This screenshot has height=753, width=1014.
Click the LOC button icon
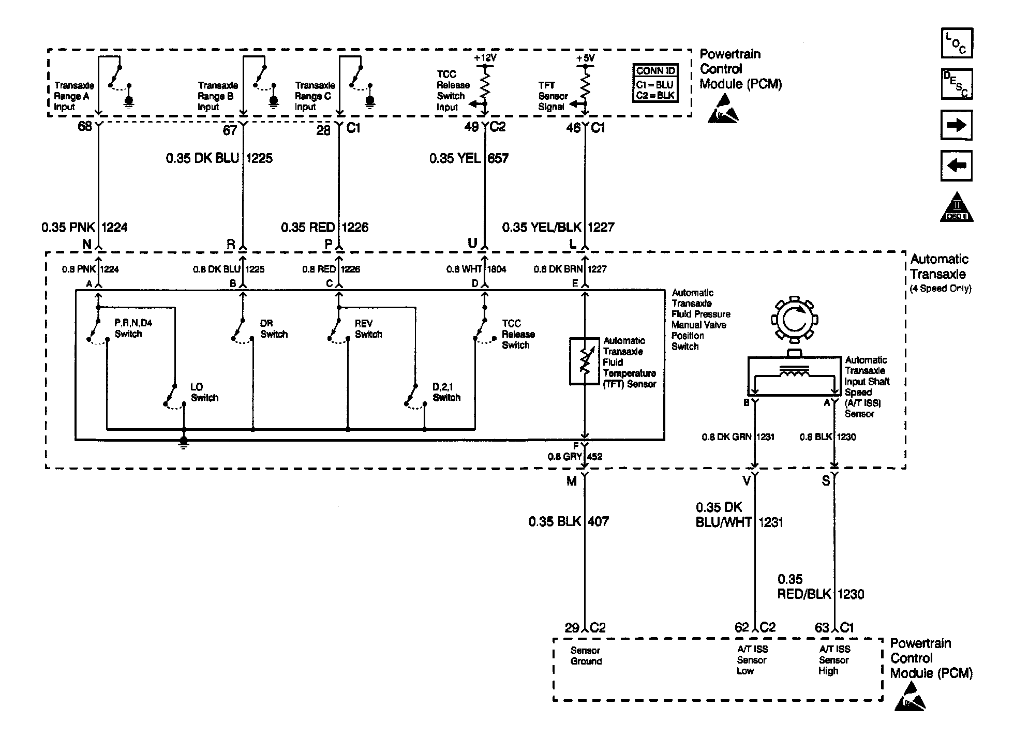pyautogui.click(x=957, y=43)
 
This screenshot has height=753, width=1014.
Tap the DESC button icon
pyautogui.click(x=957, y=84)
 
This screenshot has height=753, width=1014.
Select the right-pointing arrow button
pyautogui.click(x=957, y=125)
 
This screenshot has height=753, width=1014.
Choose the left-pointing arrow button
pyautogui.click(x=957, y=165)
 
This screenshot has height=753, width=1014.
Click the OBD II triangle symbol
pyautogui.click(x=957, y=208)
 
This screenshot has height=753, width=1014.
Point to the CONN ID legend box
pyautogui.click(x=655, y=83)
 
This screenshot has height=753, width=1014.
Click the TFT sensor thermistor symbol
pyautogui.click(x=584, y=362)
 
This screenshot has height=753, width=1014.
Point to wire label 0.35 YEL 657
pyautogui.click(x=469, y=158)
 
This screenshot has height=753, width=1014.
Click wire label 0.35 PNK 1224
pyautogui.click(x=84, y=227)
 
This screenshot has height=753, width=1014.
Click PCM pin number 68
pyautogui.click(x=84, y=127)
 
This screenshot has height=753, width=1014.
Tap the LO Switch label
pyautogui.click(x=204, y=392)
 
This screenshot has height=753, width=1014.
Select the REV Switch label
pyautogui.click(x=368, y=329)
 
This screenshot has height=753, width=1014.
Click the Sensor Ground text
pyautogui.click(x=586, y=656)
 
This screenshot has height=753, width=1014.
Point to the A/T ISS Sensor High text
pyautogui.click(x=834, y=660)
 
